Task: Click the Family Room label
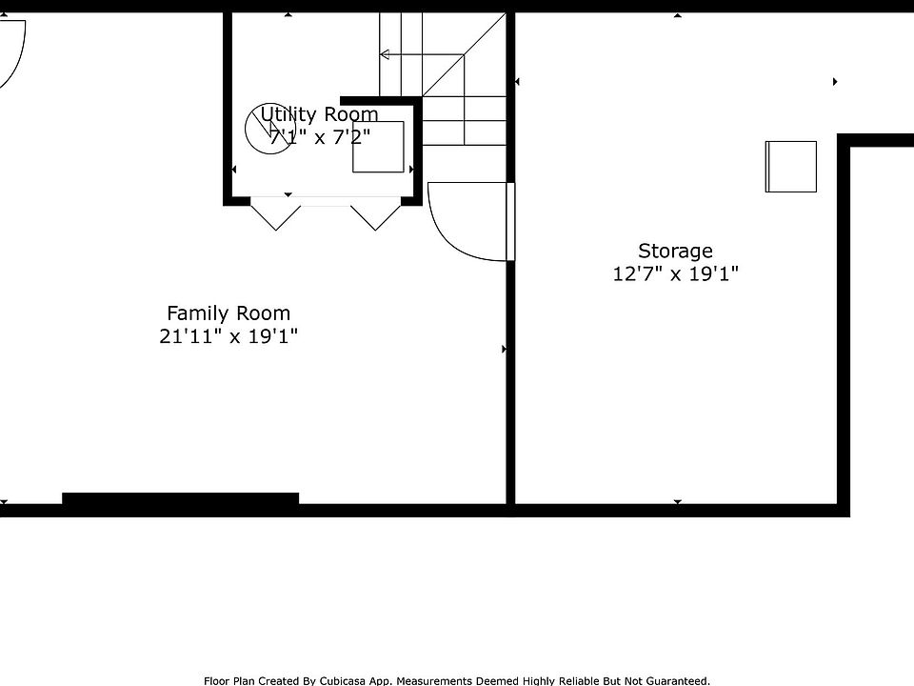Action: pyautogui.click(x=228, y=313)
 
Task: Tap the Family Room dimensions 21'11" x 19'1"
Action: pyautogui.click(x=228, y=336)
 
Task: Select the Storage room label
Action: pyautogui.click(x=675, y=252)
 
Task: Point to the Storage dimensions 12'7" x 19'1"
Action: pyautogui.click(x=675, y=273)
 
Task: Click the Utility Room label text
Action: pyautogui.click(x=319, y=113)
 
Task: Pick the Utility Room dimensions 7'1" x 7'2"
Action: pyautogui.click(x=320, y=137)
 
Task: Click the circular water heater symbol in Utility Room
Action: pyautogui.click(x=270, y=129)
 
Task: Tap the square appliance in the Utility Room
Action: pyautogui.click(x=378, y=147)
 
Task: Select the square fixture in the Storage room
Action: pyautogui.click(x=790, y=166)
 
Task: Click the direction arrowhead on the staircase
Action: pyautogui.click(x=384, y=55)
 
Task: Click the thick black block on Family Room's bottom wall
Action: pyautogui.click(x=181, y=498)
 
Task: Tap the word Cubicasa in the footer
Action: pyautogui.click(x=343, y=680)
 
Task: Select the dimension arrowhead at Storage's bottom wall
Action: pyautogui.click(x=677, y=501)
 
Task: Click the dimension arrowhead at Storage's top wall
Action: pyautogui.click(x=677, y=15)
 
